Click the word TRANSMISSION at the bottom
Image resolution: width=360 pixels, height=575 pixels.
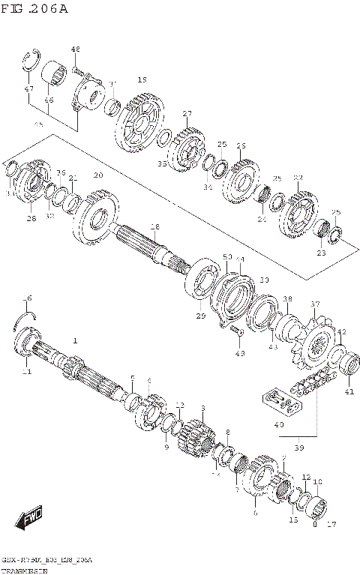(23, 571)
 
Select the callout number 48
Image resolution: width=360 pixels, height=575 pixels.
(75, 49)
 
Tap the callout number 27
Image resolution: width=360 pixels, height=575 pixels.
(187, 113)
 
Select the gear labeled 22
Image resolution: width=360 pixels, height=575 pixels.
(298, 211)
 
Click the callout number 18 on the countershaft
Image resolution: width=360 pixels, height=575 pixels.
(154, 226)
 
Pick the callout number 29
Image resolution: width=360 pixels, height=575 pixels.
(200, 317)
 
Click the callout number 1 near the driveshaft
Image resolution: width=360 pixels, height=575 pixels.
(75, 340)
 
